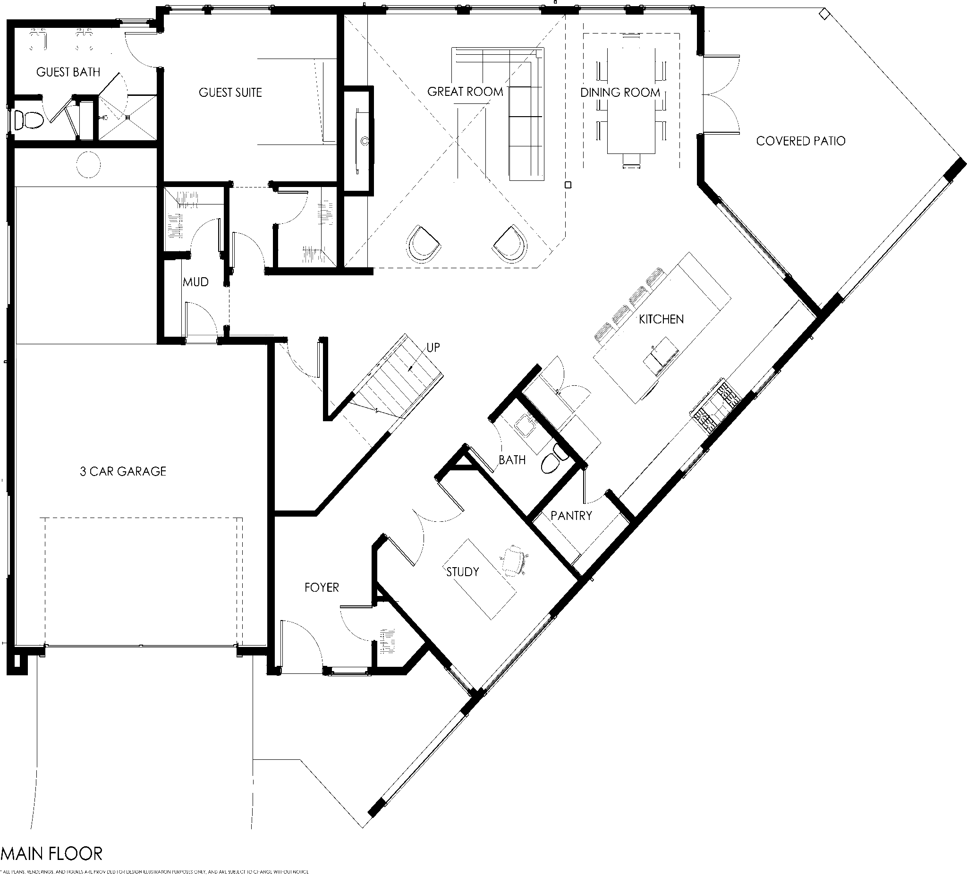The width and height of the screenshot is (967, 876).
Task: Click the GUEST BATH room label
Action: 68,72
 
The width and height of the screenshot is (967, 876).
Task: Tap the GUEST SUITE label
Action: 230,93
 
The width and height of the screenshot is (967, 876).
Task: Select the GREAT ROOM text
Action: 465,92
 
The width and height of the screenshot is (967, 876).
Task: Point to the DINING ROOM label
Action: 620,93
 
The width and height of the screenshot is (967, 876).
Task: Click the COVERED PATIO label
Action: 800,141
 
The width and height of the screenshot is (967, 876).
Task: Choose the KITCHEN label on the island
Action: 661,319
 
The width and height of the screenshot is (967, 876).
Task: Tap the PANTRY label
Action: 571,516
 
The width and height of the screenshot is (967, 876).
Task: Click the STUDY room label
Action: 462,572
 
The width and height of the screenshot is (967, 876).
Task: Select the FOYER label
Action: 322,587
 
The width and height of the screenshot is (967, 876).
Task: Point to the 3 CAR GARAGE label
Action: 123,472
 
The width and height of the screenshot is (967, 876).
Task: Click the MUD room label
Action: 195,282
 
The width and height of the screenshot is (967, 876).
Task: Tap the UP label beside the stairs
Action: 433,347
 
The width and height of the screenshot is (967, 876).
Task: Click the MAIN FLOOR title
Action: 52,853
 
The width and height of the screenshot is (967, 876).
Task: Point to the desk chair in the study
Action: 514,560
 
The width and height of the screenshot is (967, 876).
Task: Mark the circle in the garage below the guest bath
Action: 88,164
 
